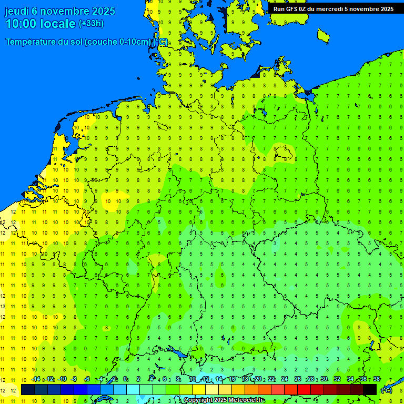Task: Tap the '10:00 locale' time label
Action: click(x=41, y=24)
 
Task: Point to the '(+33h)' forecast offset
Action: click(x=91, y=24)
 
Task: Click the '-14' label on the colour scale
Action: click(x=36, y=379)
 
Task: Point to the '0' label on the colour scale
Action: click(x=125, y=379)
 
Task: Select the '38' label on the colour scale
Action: click(x=377, y=379)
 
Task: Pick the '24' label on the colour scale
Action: click(x=285, y=379)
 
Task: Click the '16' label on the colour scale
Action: click(x=231, y=379)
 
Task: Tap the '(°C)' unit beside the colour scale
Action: click(x=387, y=390)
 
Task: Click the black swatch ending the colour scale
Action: click(x=370, y=390)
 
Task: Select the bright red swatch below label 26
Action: click(x=304, y=390)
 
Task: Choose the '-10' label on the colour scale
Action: click(x=62, y=379)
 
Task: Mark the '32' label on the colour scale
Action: click(x=337, y=379)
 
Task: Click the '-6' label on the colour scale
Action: click(x=87, y=379)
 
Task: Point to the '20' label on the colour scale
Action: click(x=258, y=379)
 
